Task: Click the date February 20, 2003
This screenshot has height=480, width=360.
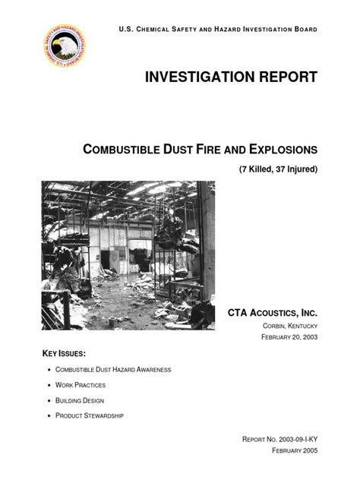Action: (x=284, y=336)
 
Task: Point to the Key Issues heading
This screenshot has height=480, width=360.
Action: (x=64, y=354)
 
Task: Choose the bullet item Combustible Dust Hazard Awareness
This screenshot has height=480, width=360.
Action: (x=113, y=370)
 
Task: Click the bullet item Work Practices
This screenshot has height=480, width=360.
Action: (x=82, y=385)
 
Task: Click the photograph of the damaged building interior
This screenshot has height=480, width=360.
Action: (x=128, y=254)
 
